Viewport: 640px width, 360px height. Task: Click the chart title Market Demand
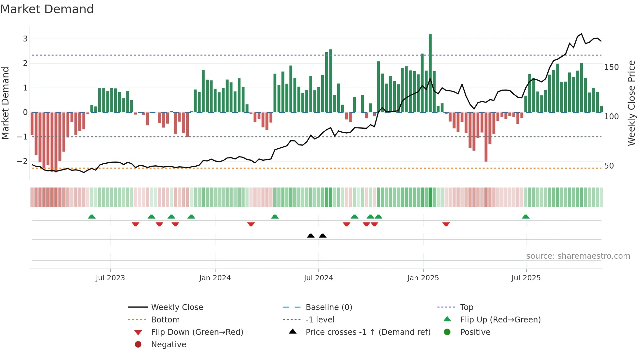tap(47, 9)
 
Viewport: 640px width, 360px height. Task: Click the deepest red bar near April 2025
tap(486, 137)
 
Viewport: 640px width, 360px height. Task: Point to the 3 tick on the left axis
tap(25, 39)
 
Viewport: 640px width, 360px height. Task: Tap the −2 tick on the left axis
tap(23, 161)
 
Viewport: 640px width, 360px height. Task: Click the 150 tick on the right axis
tap(611, 67)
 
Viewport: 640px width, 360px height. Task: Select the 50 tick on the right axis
tap(609, 166)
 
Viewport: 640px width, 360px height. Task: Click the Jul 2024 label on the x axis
tap(318, 278)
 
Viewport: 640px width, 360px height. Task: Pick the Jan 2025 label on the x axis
tap(423, 278)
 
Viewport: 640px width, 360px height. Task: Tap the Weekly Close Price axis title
tap(632, 103)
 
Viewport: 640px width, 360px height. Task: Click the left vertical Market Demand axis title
tap(6, 103)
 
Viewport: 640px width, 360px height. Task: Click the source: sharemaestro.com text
tap(578, 256)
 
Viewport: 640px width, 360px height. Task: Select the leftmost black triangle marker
tap(311, 236)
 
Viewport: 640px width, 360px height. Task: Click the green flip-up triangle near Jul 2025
tap(525, 217)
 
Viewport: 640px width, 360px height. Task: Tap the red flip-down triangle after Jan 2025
tap(446, 224)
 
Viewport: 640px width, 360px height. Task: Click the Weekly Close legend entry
tap(177, 307)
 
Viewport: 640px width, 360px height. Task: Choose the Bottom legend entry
tap(165, 320)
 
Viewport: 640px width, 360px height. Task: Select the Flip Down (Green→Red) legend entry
tap(197, 332)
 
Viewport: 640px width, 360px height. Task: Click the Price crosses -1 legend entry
tap(368, 332)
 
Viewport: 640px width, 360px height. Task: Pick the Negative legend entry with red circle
tap(168, 345)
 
